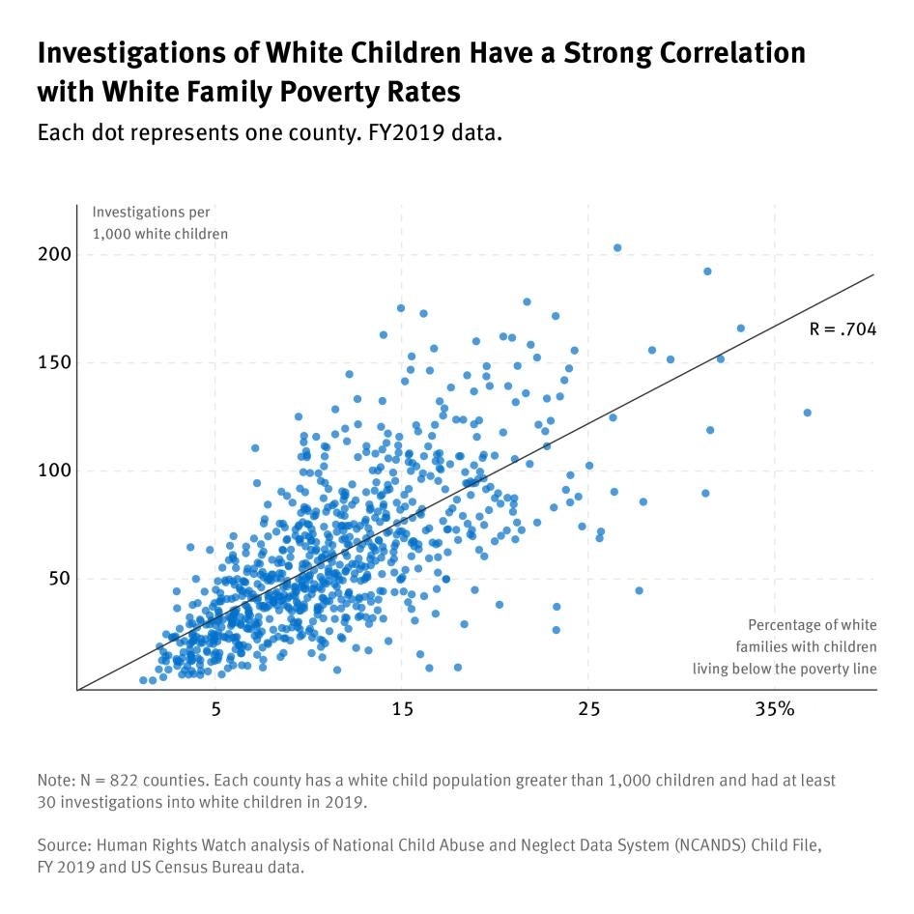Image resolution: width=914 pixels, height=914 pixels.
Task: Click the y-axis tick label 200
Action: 55,255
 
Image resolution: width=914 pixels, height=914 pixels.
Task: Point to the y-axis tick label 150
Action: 55,363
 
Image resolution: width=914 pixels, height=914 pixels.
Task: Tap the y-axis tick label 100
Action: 55,471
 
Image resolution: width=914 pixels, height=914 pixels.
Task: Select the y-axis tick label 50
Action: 60,580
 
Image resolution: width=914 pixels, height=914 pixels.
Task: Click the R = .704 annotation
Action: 843,329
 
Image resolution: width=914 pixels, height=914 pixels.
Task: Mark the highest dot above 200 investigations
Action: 617,248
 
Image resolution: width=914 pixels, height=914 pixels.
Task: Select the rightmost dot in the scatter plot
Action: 807,413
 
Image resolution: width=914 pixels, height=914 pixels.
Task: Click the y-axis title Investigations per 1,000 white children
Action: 160,222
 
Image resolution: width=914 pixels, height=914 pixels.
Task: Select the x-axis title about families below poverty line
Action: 785,646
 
